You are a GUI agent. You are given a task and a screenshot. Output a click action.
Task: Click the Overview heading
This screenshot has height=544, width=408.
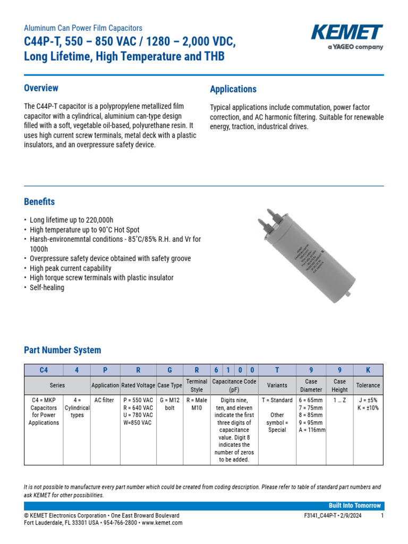[x=41, y=88]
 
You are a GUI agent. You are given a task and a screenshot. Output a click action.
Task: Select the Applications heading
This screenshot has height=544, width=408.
[x=233, y=89]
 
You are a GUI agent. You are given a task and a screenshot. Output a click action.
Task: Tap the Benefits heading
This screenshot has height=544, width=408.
[x=39, y=202]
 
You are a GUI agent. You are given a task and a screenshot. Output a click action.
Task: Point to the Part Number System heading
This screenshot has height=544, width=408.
[x=62, y=350]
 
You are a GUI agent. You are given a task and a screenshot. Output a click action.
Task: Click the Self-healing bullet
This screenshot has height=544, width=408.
[x=47, y=287]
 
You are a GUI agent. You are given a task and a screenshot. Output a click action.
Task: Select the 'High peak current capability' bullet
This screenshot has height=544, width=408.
[x=70, y=268]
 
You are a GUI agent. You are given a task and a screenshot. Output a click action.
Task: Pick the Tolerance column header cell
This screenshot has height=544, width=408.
[x=368, y=385]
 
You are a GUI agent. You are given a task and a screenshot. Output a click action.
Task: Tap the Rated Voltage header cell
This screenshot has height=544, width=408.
[x=138, y=385]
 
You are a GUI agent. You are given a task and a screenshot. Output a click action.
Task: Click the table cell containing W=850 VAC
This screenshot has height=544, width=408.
[x=138, y=423]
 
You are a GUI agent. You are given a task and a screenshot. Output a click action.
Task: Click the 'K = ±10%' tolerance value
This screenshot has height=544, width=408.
[x=368, y=408]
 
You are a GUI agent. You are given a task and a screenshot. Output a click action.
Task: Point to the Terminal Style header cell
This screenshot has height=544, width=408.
[x=197, y=385]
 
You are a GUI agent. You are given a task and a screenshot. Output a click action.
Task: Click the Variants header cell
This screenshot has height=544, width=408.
[x=277, y=385]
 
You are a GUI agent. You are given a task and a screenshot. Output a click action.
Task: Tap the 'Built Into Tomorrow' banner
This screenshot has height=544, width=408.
[x=355, y=505]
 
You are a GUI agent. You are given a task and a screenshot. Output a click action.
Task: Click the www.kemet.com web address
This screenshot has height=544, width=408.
[x=162, y=523]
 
